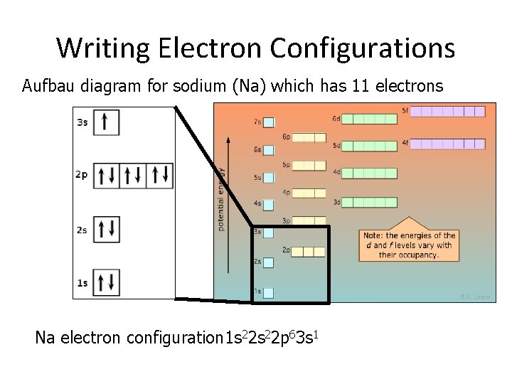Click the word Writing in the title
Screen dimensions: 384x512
point(104,48)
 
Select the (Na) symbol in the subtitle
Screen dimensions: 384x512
point(250,86)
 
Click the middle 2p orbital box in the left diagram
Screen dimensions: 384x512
point(133,176)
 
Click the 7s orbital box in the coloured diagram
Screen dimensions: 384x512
point(269,122)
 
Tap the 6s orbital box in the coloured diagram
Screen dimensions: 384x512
point(269,150)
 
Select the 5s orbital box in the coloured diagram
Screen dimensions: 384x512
point(269,177)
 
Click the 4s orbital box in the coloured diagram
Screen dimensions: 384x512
point(269,204)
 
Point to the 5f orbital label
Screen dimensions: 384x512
point(405,110)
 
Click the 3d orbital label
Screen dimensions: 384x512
point(337,203)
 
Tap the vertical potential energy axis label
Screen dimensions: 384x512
point(221,199)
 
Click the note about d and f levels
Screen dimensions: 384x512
point(409,245)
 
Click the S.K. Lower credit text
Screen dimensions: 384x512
point(475,296)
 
